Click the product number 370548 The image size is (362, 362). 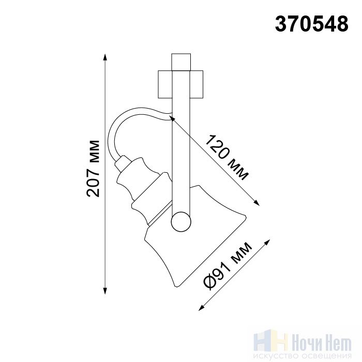[311, 24]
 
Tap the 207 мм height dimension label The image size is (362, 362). [93, 169]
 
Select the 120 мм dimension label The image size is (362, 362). [227, 157]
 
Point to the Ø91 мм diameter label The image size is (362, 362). [228, 265]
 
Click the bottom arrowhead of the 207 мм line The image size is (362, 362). [105, 291]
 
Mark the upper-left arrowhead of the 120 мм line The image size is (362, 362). [172, 118]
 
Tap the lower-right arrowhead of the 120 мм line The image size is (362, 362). [257, 203]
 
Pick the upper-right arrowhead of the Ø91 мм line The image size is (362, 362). [267, 243]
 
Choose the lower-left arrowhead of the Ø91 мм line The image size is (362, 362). [202, 308]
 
